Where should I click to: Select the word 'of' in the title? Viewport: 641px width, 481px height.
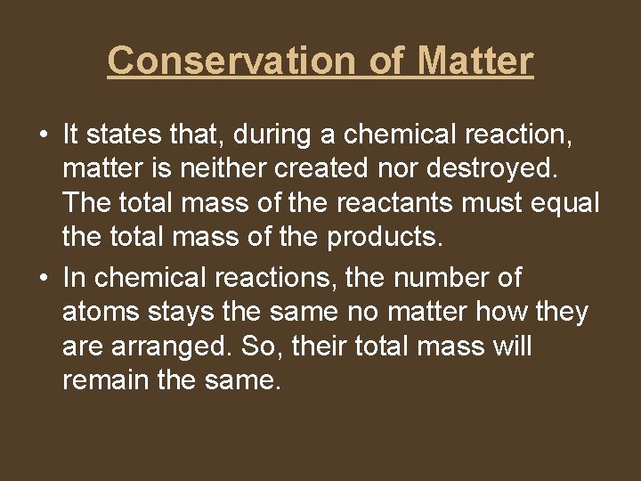(386, 61)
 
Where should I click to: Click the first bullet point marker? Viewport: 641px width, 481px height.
(43, 135)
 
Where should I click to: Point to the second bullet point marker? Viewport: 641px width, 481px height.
(43, 278)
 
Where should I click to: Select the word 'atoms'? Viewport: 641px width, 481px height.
(102, 312)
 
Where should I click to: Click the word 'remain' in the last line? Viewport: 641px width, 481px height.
(108, 380)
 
